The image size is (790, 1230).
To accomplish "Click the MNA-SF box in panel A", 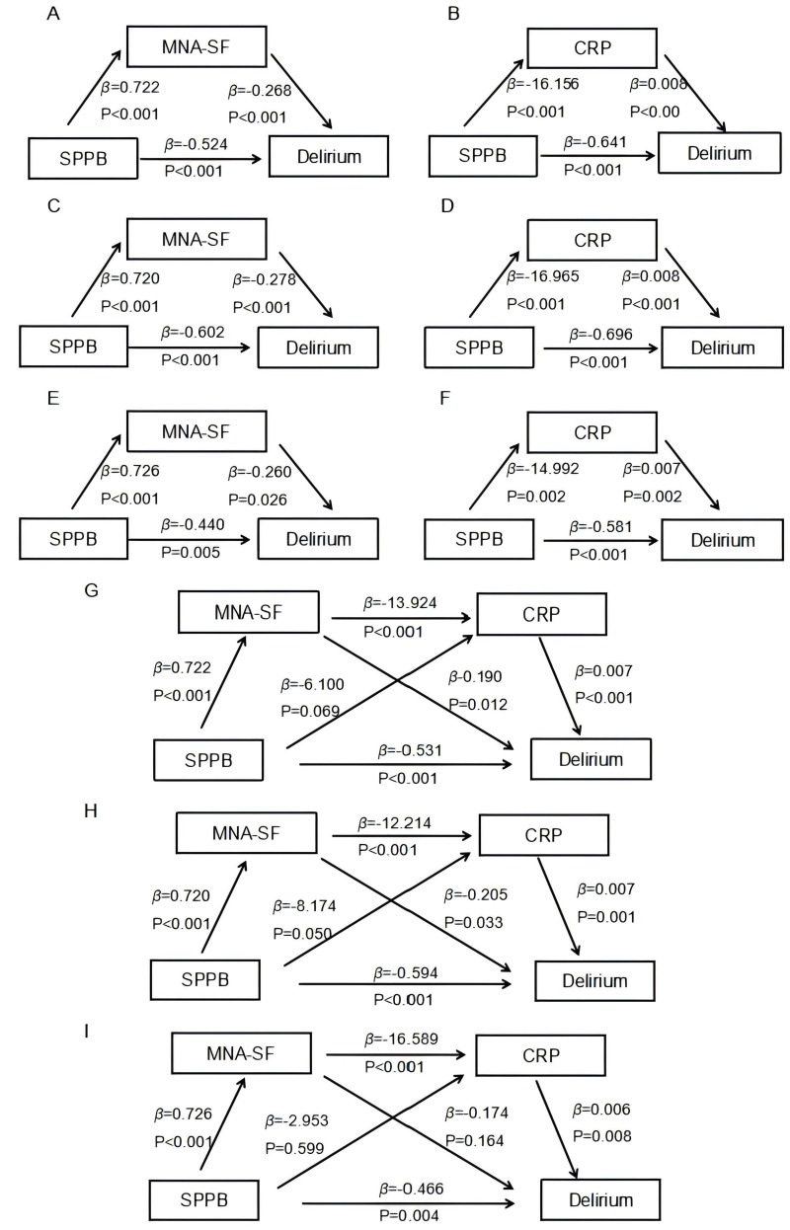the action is pos(197,46).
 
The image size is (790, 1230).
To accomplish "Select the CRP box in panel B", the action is pos(592,47).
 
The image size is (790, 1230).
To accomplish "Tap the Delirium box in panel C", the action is pos(318,347).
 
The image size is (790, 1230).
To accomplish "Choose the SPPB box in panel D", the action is pos(479,347).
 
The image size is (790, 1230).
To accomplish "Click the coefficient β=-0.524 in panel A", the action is pos(197,144).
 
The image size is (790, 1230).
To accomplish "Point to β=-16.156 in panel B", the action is pos(543,84).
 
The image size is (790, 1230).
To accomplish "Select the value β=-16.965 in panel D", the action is pos(543,276).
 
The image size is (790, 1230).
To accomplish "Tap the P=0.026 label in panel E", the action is pos(258,500).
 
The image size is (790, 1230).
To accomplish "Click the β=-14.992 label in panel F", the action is pos(543,469).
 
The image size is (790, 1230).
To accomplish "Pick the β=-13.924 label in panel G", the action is pos(400,603).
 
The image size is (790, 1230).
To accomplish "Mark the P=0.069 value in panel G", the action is pos(310,712).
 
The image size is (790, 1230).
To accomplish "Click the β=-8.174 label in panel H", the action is pos(304,906).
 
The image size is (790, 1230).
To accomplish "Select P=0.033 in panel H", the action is pos(474,922).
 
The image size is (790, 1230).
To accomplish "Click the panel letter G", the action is pos(91,591).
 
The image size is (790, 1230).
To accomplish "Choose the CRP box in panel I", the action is pos(540,1055).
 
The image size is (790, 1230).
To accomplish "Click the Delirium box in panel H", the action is pos(595,980).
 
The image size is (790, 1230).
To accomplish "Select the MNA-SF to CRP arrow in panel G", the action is pos(401,618).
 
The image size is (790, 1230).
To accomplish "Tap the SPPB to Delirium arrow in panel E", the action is pos(189,540).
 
